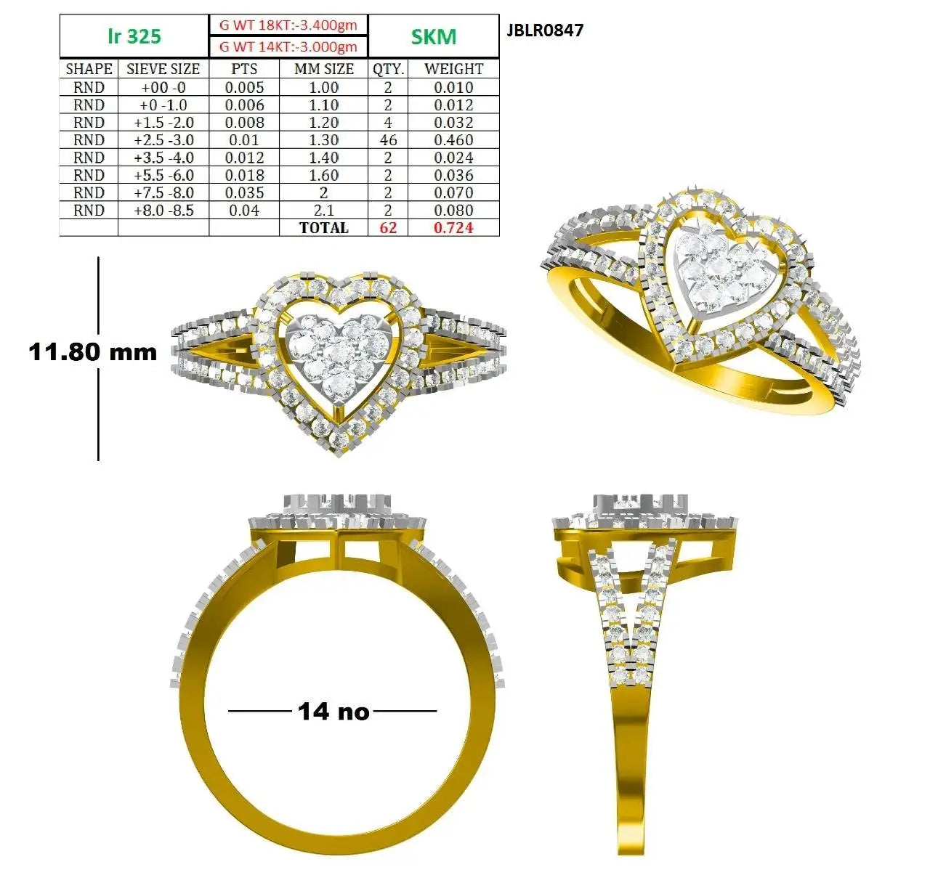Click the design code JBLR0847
544,30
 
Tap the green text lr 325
134,36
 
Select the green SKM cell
433,36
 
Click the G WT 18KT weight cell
288,25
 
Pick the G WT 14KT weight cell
288,46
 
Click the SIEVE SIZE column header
163,69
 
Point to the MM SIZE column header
324,69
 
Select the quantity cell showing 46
388,140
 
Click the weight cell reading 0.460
453,140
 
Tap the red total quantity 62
388,227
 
